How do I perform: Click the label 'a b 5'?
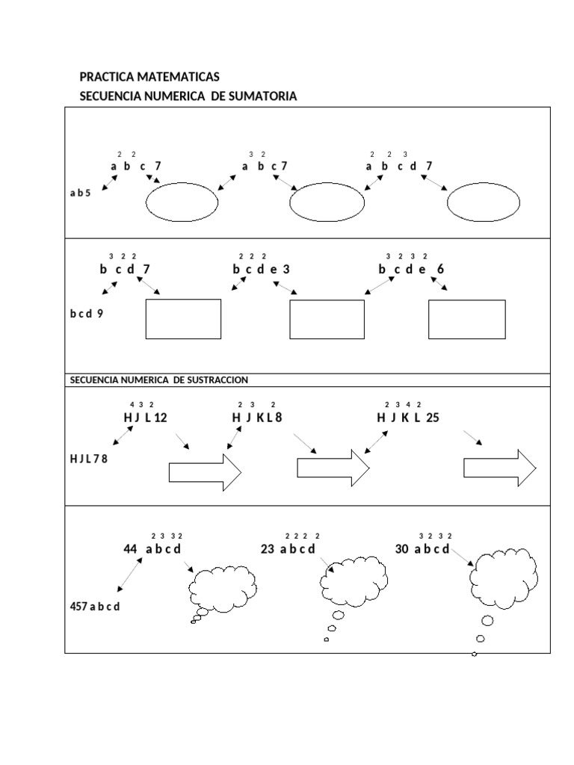point(80,193)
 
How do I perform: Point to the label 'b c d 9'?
point(87,314)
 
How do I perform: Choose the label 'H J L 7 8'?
point(89,459)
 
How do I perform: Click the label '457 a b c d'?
point(95,607)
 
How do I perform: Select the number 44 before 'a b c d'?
point(131,549)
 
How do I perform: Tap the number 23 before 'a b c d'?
point(268,549)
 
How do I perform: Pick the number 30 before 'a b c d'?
point(402,549)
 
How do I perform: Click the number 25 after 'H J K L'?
point(433,418)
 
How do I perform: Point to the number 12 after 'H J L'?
point(160,418)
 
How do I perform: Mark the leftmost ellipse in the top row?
point(182,202)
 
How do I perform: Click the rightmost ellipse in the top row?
point(484,202)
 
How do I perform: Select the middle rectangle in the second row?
point(327,319)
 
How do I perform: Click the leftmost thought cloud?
point(222,584)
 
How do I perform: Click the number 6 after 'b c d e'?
point(441,269)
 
